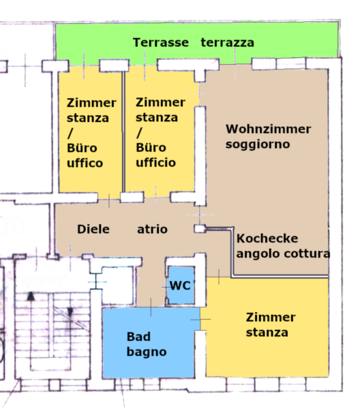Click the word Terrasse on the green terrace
pyautogui.click(x=161, y=42)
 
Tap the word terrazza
pyautogui.click(x=227, y=43)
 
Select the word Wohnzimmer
pyautogui.click(x=268, y=129)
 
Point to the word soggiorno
pyautogui.click(x=258, y=145)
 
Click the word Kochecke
pyautogui.click(x=267, y=239)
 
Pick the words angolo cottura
pyautogui.click(x=283, y=254)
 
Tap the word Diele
pyautogui.click(x=93, y=229)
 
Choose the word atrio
pyautogui.click(x=152, y=229)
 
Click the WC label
pyautogui.click(x=180, y=286)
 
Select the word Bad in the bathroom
pyautogui.click(x=138, y=337)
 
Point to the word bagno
pyautogui.click(x=147, y=352)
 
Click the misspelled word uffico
pyautogui.click(x=85, y=163)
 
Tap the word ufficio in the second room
pyautogui.click(x=155, y=162)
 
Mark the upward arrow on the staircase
pyautogui.click(x=31, y=328)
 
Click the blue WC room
pyautogui.click(x=181, y=285)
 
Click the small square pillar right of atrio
pyautogui.click(x=200, y=229)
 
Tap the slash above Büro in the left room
pyautogui.click(x=70, y=133)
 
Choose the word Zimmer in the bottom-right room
pyautogui.click(x=271, y=318)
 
